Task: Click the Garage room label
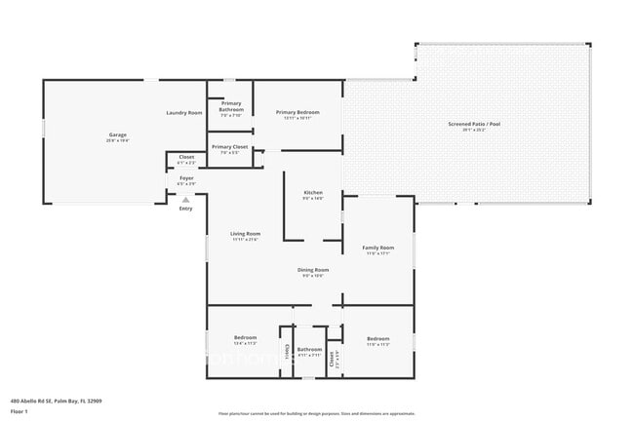(117, 135)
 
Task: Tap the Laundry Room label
(183, 113)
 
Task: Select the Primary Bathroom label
(231, 105)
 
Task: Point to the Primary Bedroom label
(297, 113)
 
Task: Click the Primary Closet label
(229, 148)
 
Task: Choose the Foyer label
(185, 179)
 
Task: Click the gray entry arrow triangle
(185, 199)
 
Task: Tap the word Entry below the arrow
(185, 209)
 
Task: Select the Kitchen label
(312, 194)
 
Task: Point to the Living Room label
(245, 235)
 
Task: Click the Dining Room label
(313, 271)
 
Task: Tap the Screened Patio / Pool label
(472, 125)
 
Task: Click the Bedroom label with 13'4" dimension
(244, 339)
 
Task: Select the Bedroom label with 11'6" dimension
(377, 339)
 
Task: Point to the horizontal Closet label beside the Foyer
(185, 158)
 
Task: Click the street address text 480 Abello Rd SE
(56, 401)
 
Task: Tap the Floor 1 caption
(20, 411)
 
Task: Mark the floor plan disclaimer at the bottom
(316, 414)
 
